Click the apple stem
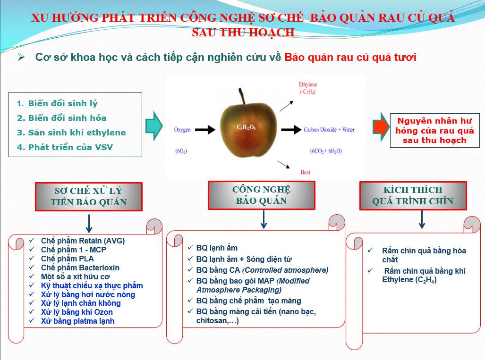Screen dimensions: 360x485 click(243, 96)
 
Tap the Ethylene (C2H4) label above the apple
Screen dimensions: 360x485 click(308, 88)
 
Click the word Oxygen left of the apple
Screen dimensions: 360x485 click(182, 130)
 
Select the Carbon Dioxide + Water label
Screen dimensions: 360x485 click(329, 130)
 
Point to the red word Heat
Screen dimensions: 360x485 click(306, 173)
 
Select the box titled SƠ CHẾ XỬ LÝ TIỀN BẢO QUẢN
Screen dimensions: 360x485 click(89, 196)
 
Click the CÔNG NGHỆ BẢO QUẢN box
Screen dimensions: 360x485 click(261, 195)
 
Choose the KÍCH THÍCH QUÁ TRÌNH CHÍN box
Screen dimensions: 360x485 click(413, 196)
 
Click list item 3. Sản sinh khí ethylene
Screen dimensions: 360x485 click(71, 133)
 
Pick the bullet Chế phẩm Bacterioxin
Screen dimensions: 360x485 click(80, 268)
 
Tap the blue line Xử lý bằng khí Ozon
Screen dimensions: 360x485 click(77, 312)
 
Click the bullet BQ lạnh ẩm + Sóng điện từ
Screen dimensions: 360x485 click(244, 259)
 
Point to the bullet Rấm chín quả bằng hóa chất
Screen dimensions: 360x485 click(424, 255)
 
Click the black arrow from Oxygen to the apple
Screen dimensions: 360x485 click(205, 129)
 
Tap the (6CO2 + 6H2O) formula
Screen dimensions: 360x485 click(326, 151)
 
